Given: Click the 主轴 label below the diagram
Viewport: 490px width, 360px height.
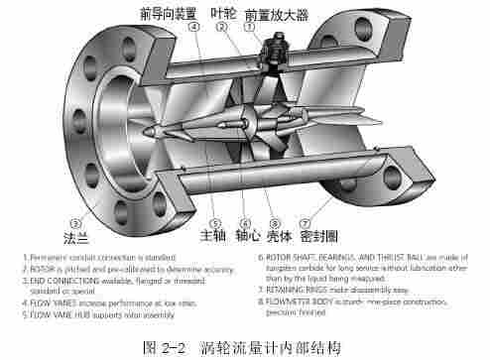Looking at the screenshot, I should click(212, 237).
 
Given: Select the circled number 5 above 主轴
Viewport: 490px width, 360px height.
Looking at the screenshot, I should click(214, 223).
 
